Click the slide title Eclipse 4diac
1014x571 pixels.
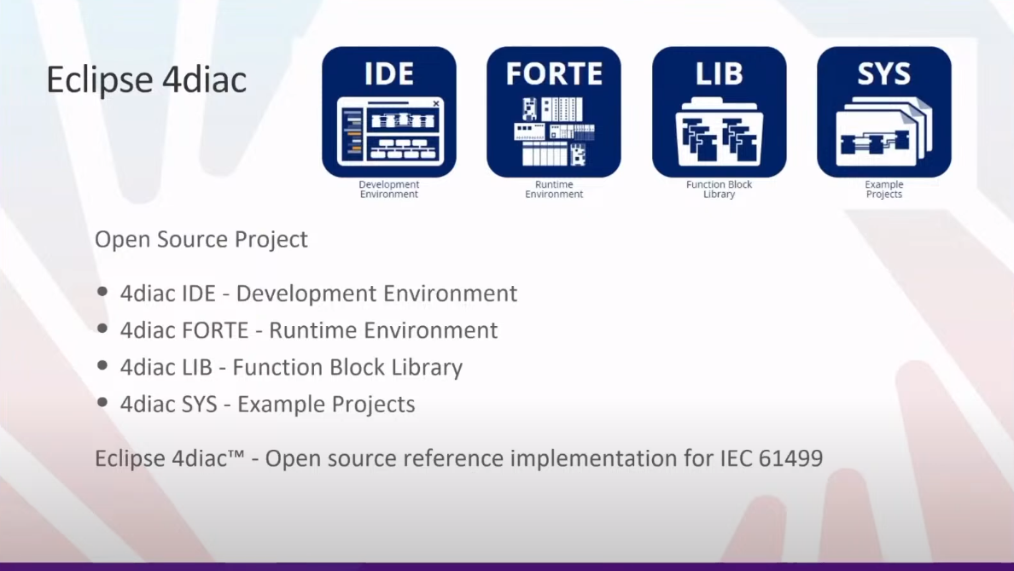[x=146, y=80]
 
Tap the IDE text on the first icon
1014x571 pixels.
[x=388, y=73]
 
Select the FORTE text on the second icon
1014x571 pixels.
[x=554, y=73]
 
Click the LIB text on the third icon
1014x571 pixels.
[x=720, y=73]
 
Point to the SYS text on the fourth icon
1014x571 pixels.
[x=884, y=73]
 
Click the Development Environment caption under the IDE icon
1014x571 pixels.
[x=388, y=189]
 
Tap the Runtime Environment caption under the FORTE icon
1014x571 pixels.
[x=554, y=189]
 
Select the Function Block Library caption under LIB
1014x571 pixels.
[x=720, y=189]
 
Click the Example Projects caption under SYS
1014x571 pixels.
[x=884, y=189]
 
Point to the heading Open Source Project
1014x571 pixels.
[x=201, y=239]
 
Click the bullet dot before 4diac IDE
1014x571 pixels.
[x=102, y=292]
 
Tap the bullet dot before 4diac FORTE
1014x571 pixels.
[x=102, y=329]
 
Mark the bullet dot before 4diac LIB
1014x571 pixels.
[x=102, y=365]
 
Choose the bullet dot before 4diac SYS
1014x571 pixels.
[x=102, y=402]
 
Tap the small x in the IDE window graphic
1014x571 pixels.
[x=436, y=103]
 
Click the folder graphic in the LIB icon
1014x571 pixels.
[x=720, y=132]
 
